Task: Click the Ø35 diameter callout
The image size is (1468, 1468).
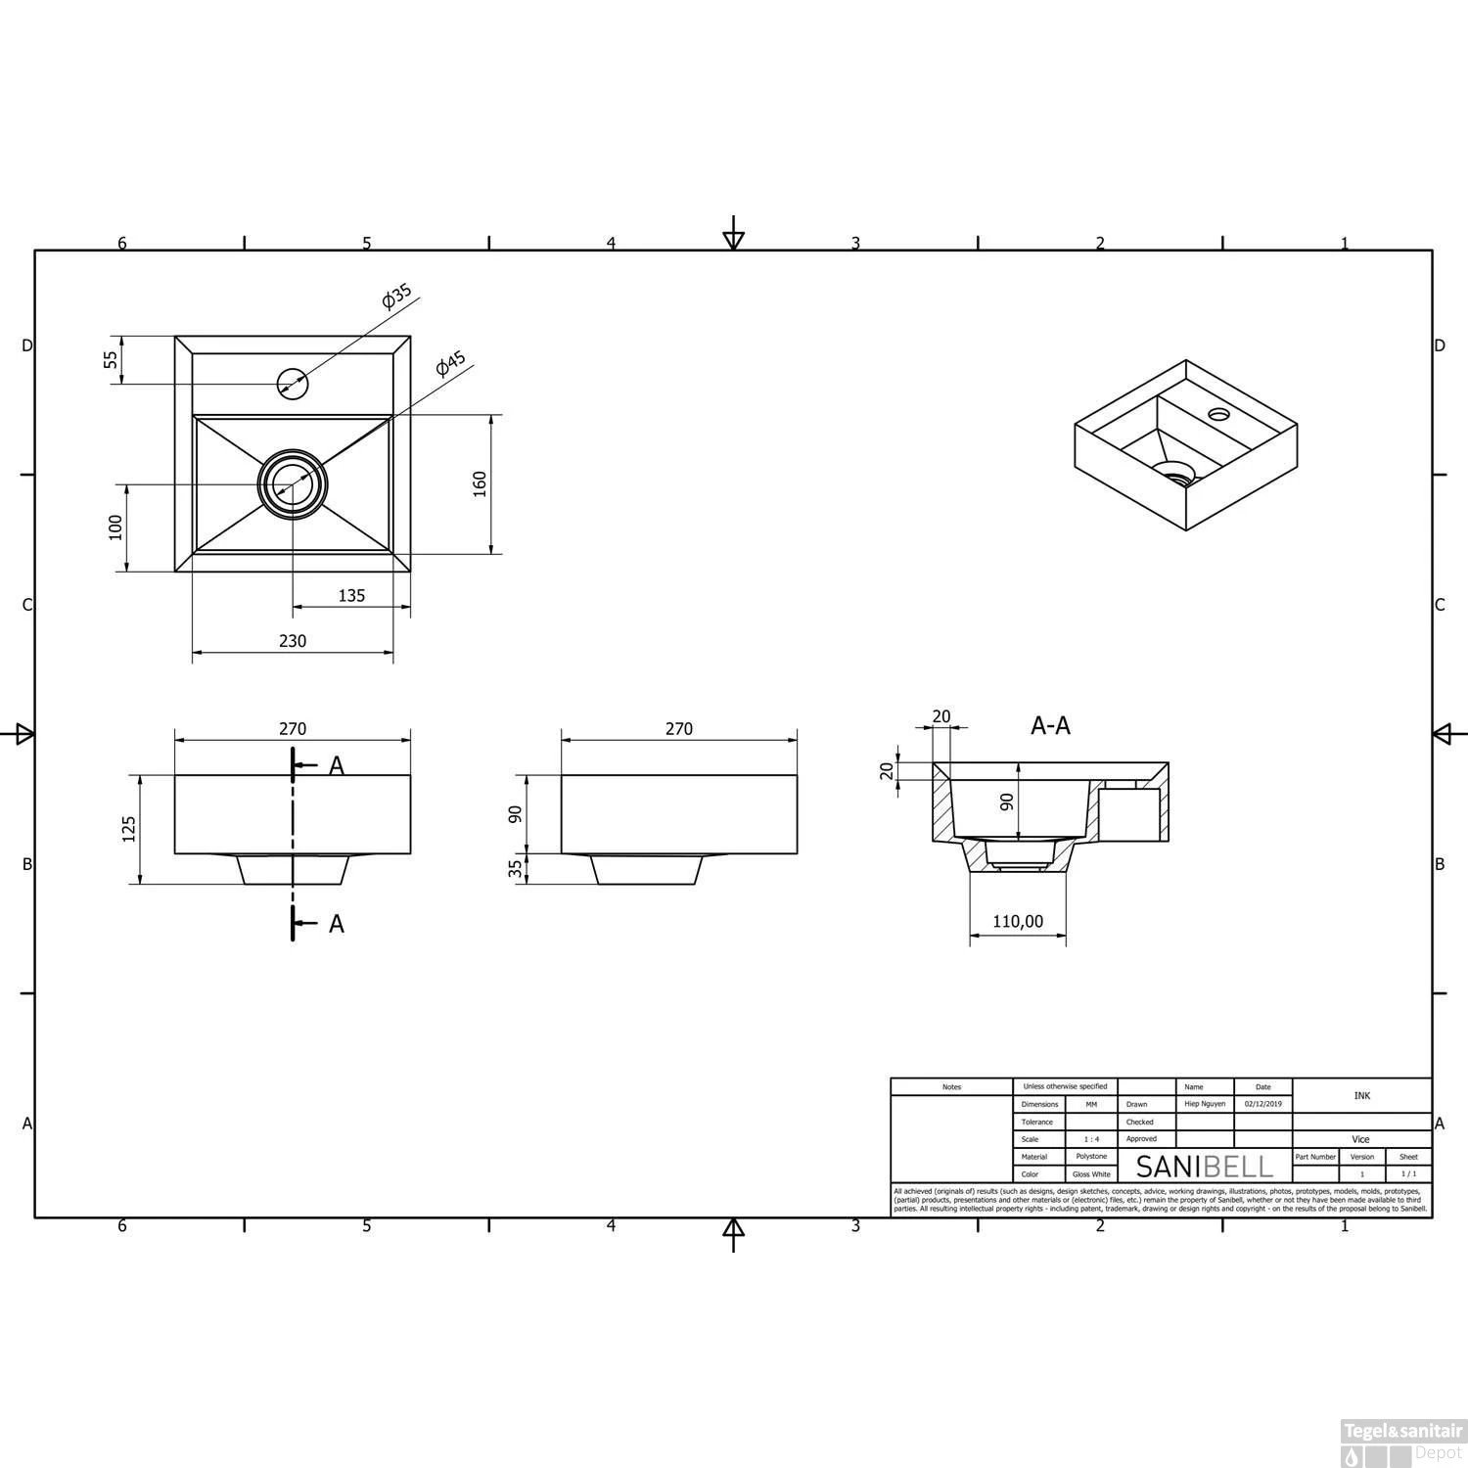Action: (x=397, y=297)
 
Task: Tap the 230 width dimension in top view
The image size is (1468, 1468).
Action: (x=293, y=641)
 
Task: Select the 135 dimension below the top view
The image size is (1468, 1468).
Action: (x=351, y=595)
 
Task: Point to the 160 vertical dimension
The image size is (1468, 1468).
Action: (x=480, y=483)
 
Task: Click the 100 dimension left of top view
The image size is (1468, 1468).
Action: (x=115, y=527)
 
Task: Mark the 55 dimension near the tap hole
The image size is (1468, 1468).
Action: (x=112, y=359)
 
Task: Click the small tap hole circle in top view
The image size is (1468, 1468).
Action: (x=293, y=384)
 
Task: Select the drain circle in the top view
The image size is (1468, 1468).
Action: (x=293, y=483)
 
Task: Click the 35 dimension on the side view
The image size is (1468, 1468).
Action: (x=516, y=869)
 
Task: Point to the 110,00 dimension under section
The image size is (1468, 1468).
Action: (x=1018, y=922)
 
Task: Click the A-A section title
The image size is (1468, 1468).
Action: (x=1050, y=726)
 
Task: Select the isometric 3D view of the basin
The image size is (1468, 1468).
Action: (x=1185, y=445)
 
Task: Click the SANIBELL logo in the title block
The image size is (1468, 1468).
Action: (x=1204, y=1166)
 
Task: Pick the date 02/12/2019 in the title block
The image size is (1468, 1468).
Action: (x=1262, y=1104)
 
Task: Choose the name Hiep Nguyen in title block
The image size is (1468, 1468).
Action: (x=1204, y=1104)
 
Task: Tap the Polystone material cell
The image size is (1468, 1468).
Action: (x=1091, y=1157)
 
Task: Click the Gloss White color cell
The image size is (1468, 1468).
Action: (x=1091, y=1174)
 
